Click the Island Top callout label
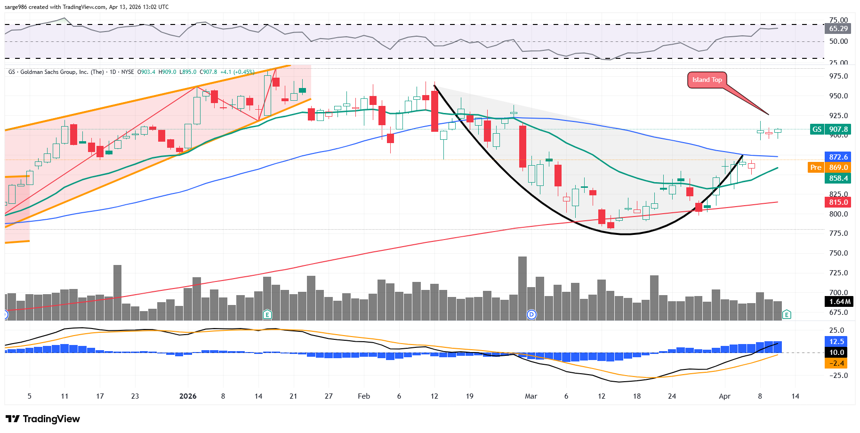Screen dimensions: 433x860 (x=707, y=80)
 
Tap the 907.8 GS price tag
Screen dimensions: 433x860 (x=838, y=129)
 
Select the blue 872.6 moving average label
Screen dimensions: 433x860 (x=838, y=157)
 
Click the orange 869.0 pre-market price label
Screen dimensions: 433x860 (x=838, y=167)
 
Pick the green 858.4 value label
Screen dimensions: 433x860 (x=838, y=178)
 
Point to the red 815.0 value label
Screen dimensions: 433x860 (x=838, y=202)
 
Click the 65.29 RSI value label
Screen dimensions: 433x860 (x=838, y=29)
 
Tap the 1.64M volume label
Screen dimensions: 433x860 (x=839, y=301)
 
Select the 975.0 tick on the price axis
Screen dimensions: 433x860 (x=838, y=76)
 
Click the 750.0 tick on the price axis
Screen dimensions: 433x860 (x=838, y=253)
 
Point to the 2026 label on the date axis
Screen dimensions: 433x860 (x=188, y=396)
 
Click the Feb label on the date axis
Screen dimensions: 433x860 (x=364, y=396)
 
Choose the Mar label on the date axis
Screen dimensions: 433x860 (x=531, y=396)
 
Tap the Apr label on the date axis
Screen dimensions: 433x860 (x=724, y=396)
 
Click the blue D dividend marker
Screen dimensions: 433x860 (x=531, y=314)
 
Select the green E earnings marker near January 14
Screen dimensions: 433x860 (x=267, y=314)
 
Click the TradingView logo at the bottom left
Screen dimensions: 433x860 (x=43, y=419)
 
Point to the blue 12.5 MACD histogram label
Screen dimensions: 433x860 (x=836, y=341)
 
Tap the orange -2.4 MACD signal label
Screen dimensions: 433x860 (x=836, y=363)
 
